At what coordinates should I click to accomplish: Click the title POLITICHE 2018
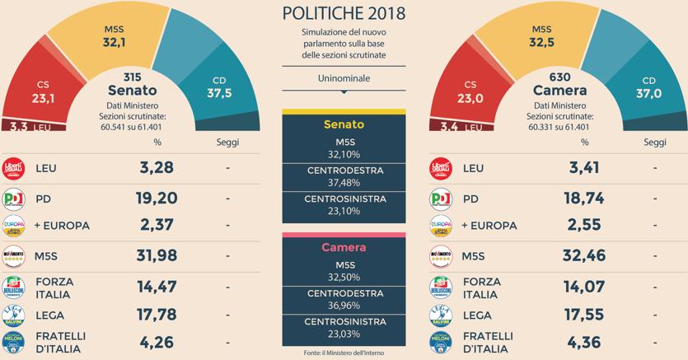[x=344, y=13]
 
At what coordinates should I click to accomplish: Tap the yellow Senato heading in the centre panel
[x=344, y=125]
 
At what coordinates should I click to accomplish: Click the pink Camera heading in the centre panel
[x=344, y=246]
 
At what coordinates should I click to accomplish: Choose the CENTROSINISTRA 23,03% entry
[x=344, y=327]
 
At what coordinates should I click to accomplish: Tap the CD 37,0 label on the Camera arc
[x=649, y=87]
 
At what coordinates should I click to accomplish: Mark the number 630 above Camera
[x=548, y=77]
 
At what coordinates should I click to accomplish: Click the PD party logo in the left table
[x=15, y=199]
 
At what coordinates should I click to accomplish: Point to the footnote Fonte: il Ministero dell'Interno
[x=344, y=353]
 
